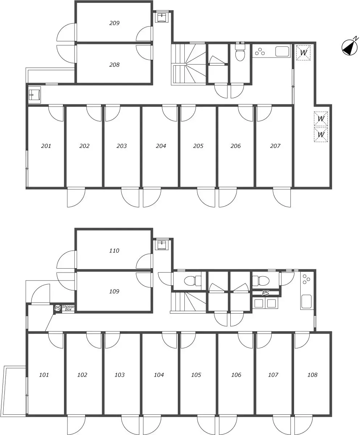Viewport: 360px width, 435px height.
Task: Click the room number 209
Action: [x=114, y=23]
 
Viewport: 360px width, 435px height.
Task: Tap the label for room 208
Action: [x=114, y=65]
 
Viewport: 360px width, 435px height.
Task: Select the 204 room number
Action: [x=161, y=146]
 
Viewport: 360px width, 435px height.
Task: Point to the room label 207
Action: [x=275, y=146]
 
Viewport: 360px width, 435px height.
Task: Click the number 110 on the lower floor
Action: [x=114, y=250]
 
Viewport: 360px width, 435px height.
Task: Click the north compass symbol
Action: [x=350, y=47]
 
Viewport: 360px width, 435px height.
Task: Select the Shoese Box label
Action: [x=68, y=308]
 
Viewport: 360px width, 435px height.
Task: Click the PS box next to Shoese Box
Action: [x=58, y=308]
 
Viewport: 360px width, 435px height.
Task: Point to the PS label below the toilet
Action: [x=265, y=293]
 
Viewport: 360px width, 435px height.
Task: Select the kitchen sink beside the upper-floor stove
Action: [x=282, y=51]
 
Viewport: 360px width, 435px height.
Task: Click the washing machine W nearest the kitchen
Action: [x=304, y=53]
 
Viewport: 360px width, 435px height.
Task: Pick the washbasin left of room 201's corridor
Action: [x=34, y=95]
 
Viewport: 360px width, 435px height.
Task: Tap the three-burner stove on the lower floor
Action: [x=306, y=279]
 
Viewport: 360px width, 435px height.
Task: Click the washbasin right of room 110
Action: [x=162, y=245]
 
